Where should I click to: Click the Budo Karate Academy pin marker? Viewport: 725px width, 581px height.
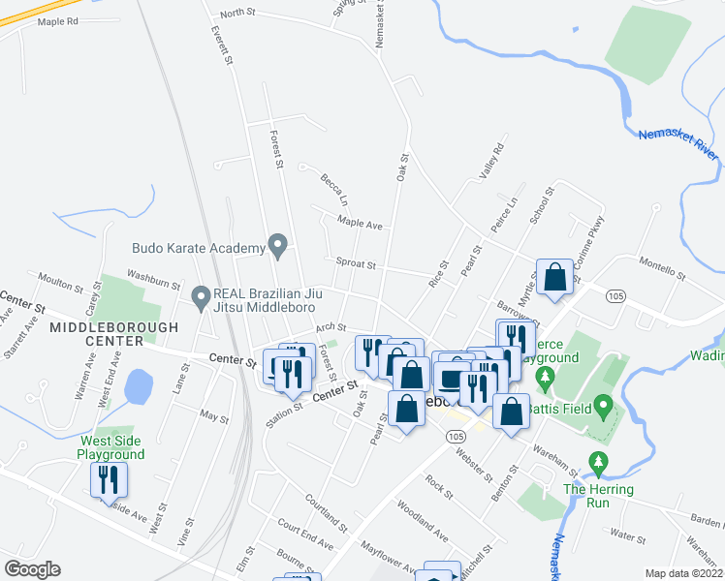(x=278, y=247)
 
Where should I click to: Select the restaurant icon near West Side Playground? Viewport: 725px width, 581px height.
(x=109, y=479)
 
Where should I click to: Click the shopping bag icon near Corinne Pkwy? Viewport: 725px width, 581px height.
(x=556, y=276)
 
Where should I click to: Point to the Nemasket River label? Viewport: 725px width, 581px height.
(x=678, y=144)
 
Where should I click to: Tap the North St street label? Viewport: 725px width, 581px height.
(x=236, y=13)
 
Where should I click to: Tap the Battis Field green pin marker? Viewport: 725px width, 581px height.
(x=603, y=405)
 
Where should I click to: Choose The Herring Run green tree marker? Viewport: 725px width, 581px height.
(x=598, y=464)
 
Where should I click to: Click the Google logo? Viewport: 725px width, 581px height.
(x=33, y=568)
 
